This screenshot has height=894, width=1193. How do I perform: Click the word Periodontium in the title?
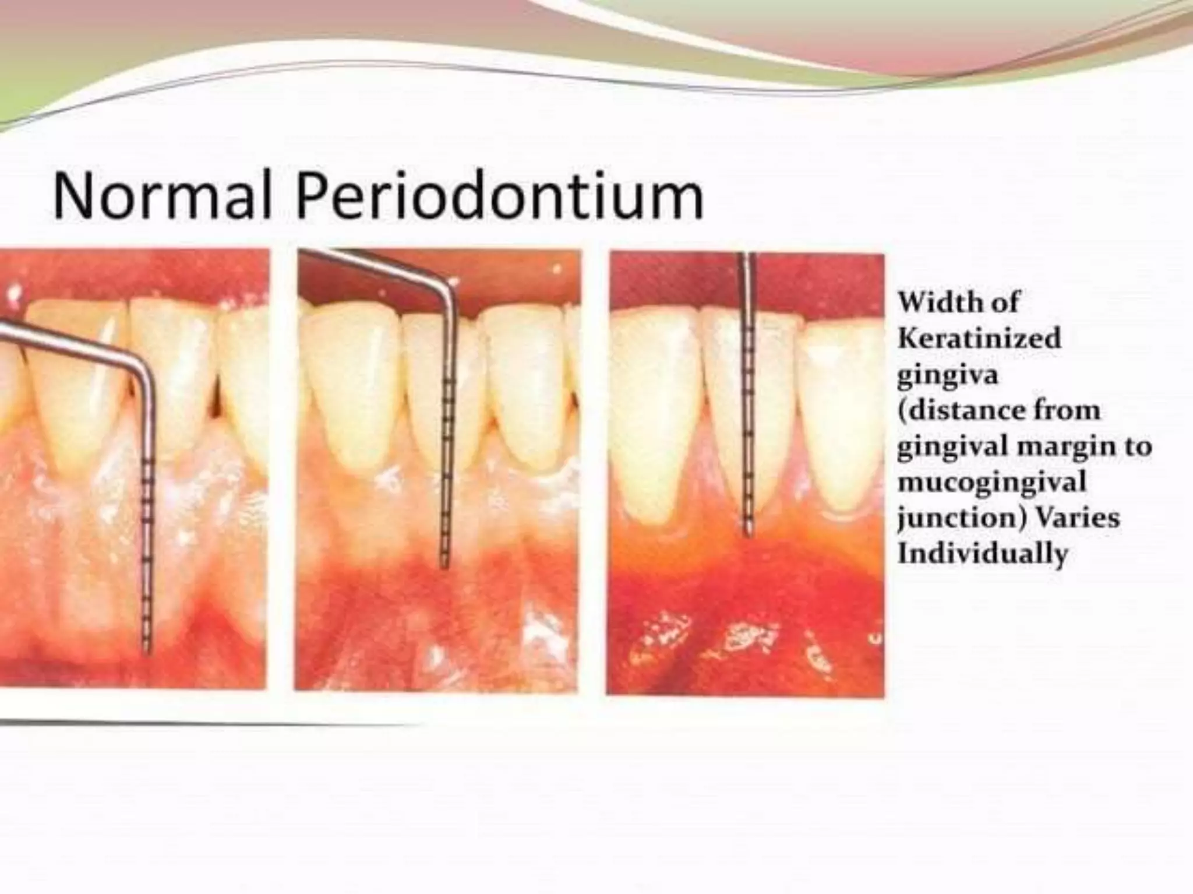click(x=500, y=197)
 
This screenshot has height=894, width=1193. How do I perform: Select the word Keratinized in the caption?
click(x=979, y=338)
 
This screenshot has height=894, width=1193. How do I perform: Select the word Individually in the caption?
click(x=982, y=553)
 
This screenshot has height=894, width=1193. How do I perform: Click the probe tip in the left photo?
click(x=146, y=652)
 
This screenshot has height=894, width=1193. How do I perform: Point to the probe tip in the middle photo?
click(x=444, y=565)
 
